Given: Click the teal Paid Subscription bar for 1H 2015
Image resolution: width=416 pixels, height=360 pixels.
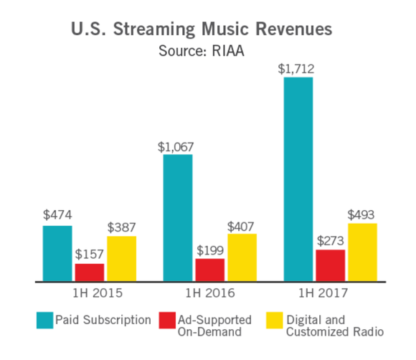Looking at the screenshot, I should coord(57,254).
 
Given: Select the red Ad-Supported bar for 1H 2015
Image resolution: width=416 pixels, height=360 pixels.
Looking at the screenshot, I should coord(90,273).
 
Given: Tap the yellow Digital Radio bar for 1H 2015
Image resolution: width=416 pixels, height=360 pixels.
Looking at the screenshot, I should coord(121,259).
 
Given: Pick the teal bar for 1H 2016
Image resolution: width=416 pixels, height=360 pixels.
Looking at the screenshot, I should coord(178,218).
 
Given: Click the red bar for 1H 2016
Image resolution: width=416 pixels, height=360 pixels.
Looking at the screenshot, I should coord(210,270).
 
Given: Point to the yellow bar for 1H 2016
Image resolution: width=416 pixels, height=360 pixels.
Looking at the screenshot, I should coord(242,257).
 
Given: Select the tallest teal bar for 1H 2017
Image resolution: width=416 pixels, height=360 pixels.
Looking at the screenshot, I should coord(298,179).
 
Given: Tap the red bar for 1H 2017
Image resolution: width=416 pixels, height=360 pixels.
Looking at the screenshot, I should coord(331,265).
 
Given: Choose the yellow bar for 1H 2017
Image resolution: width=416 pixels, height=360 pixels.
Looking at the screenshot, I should coord(362,252).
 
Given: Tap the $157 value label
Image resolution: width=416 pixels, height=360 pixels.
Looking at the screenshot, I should coord(90,255).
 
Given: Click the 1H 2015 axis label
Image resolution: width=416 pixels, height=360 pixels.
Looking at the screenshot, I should coord(90,293).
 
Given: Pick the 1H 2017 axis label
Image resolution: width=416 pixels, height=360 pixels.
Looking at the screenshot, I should coord(330,293).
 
